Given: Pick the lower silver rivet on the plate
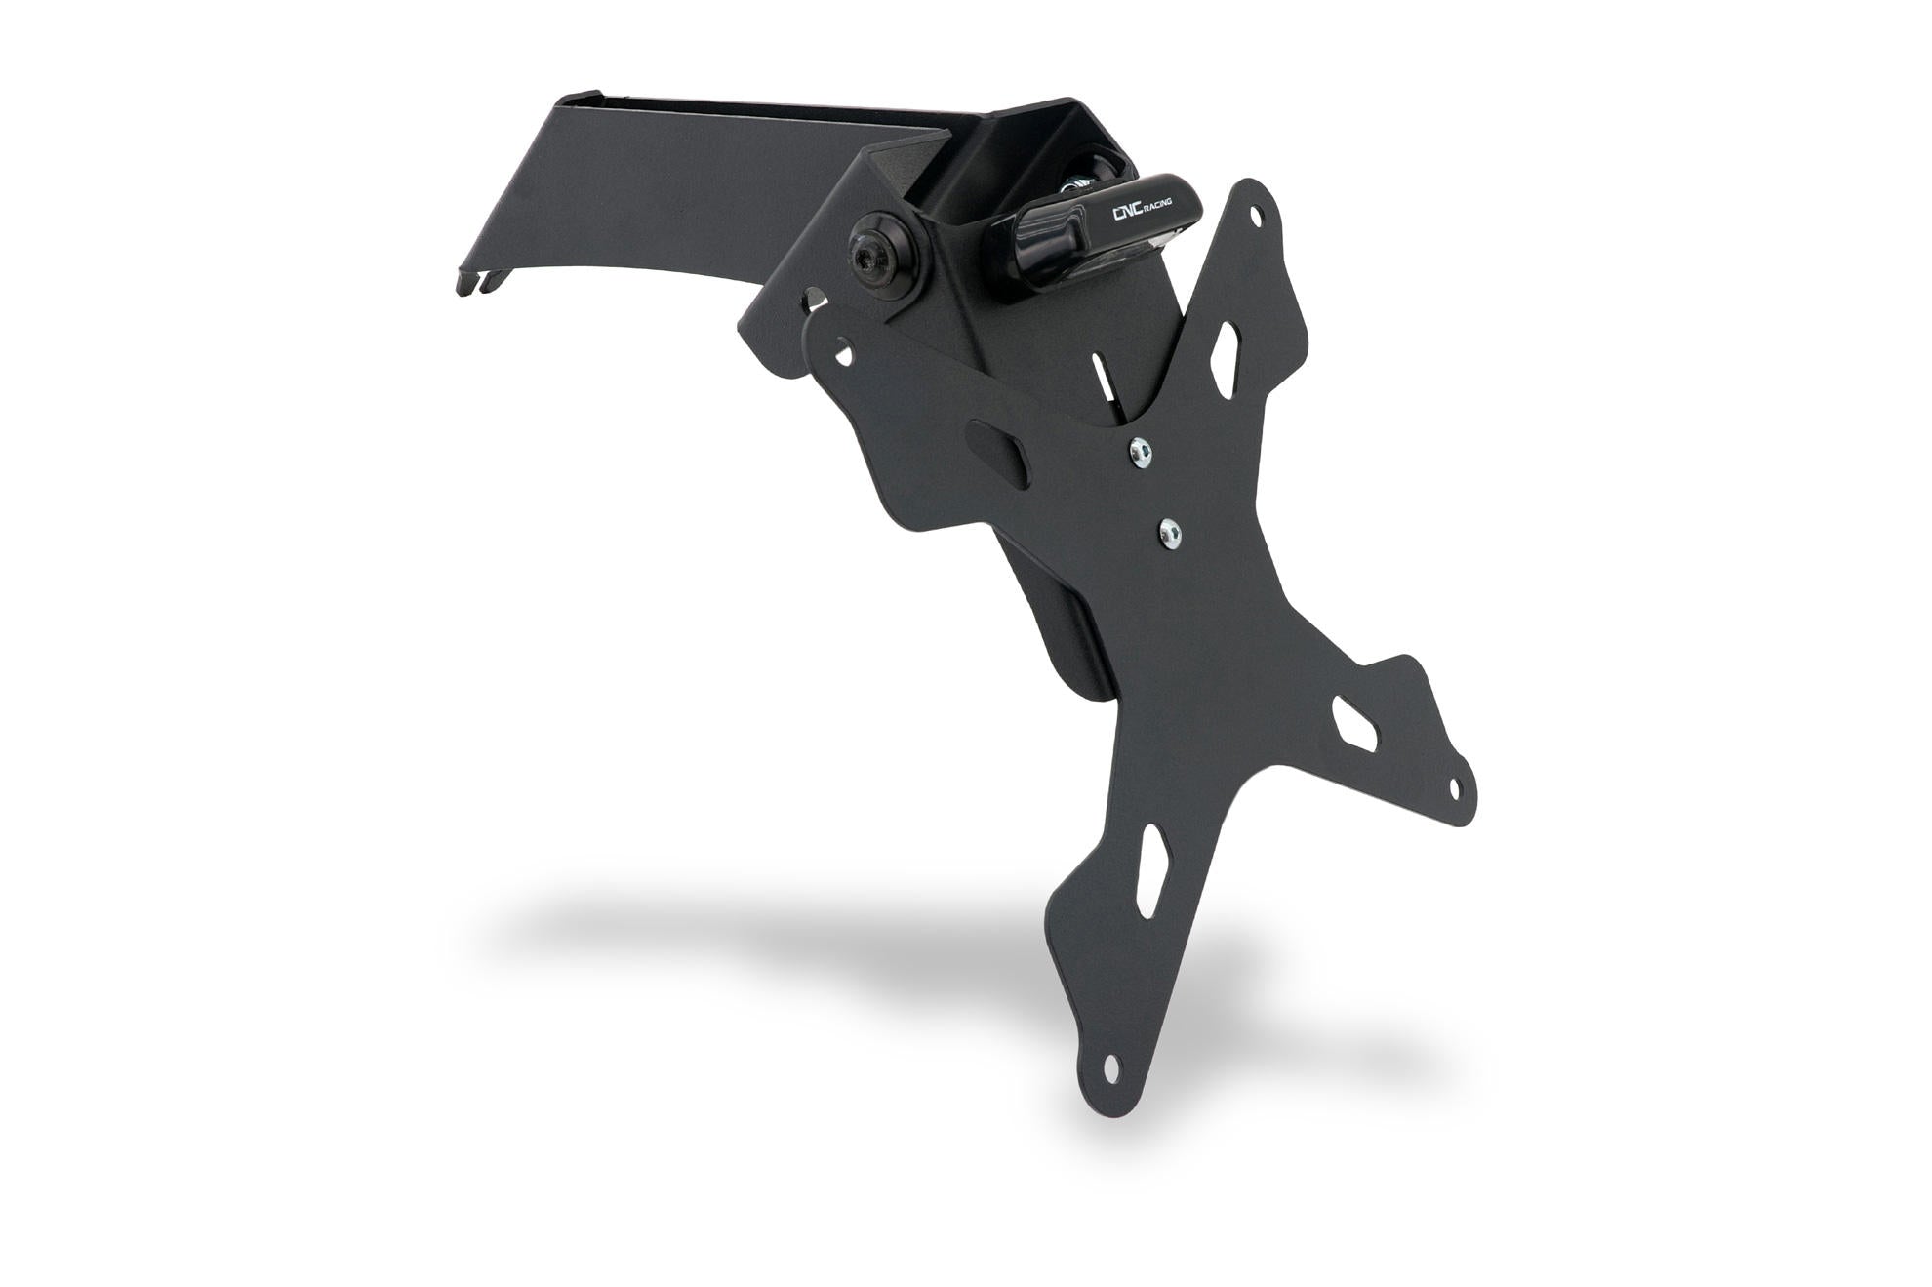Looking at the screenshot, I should [x=1169, y=531].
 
